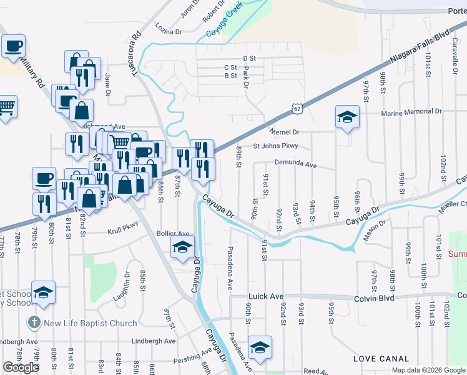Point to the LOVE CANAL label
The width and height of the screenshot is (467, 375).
[381, 359]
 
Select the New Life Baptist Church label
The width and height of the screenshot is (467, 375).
[89, 323]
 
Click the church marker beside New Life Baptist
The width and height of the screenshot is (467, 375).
[33, 323]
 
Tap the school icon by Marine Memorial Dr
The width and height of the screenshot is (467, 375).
[347, 117]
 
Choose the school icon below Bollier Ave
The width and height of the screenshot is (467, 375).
[182, 247]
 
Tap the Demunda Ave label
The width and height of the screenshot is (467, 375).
[296, 166]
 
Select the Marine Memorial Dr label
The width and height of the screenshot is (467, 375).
[411, 112]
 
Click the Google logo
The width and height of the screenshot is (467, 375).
[21, 367]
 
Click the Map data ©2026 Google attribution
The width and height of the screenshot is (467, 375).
[428, 370]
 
